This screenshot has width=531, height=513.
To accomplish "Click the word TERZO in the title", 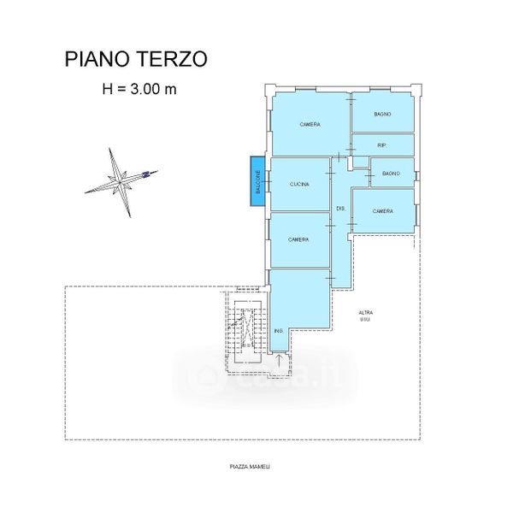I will pos(173,59).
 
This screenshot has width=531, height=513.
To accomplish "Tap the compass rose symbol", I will pos(121,181).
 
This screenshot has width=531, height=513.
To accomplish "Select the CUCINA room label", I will pos(299,184).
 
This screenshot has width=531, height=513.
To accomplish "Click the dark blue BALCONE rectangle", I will pos(257,181).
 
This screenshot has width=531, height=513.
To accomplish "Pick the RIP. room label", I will pos(382,145).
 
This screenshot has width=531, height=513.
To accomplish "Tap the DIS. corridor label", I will pos(339,209).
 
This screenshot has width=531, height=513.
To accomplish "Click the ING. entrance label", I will pos(279,330).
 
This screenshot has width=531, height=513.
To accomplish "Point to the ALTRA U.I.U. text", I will pos(365,315).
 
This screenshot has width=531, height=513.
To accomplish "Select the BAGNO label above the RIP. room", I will pos(382,115).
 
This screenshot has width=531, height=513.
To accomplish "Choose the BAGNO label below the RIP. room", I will pos(392,174).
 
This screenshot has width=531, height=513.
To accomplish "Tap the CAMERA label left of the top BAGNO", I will pos(310,125).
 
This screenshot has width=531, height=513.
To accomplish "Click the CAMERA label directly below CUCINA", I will pos(298,239).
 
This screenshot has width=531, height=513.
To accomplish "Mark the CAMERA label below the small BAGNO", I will pos(383,211).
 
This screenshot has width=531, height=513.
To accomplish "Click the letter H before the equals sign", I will pos(107,87).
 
